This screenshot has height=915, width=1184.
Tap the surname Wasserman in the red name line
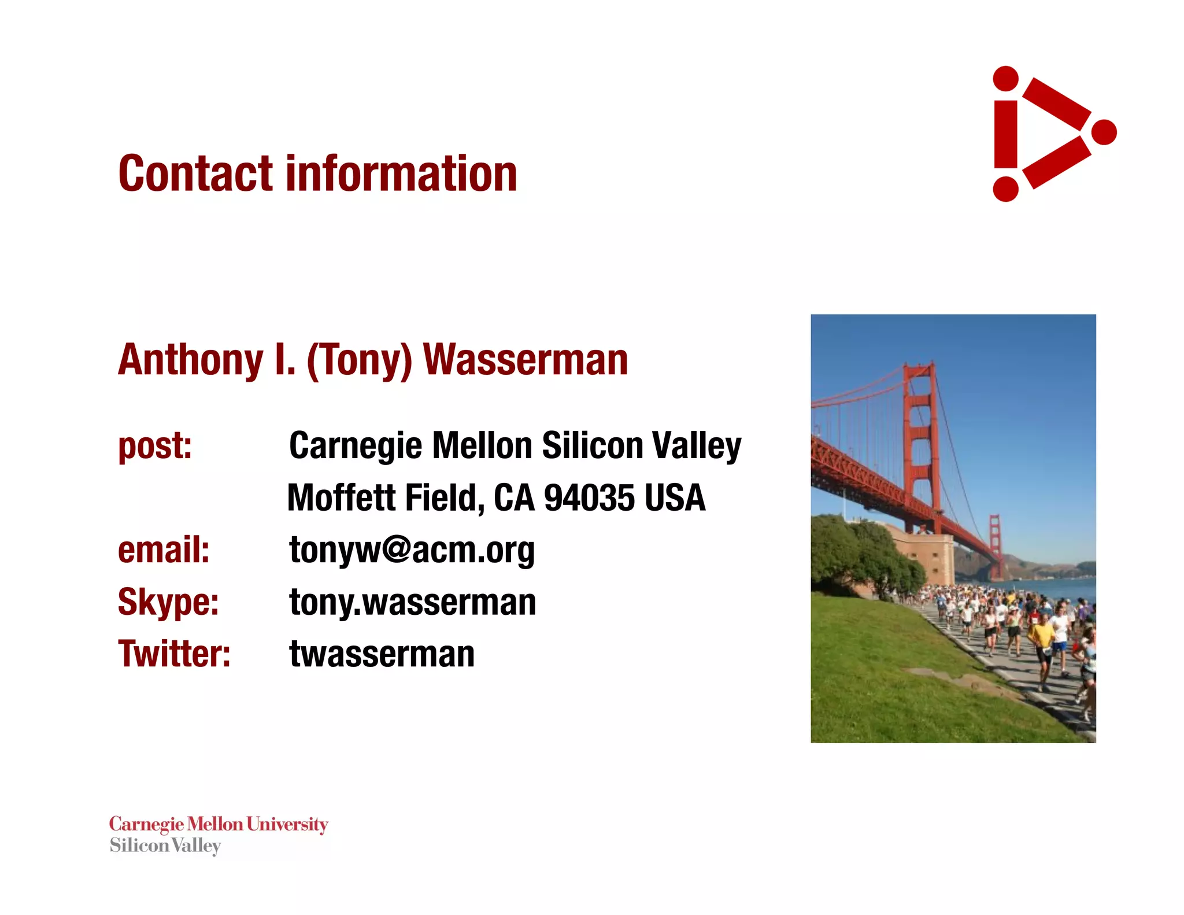coord(526,360)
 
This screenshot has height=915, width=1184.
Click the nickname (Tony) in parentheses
coord(359,361)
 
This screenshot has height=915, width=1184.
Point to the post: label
coord(155,446)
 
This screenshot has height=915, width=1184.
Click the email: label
coord(164,549)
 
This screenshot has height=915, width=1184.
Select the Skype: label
coord(168,602)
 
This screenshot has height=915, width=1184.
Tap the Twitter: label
coord(174,654)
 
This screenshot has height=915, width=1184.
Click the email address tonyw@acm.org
coord(412,549)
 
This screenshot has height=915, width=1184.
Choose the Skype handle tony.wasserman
coord(412,602)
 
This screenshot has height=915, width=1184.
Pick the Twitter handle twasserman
coord(382,654)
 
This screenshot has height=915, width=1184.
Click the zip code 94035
coord(589,497)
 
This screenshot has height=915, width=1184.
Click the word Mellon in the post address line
coord(482,446)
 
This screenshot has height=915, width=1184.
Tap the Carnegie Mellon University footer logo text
coord(219,824)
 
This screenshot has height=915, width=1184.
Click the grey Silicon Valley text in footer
coord(165,846)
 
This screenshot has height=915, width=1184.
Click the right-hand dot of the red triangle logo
coord(1104,132)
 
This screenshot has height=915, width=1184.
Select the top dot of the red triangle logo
coord(1005,79)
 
